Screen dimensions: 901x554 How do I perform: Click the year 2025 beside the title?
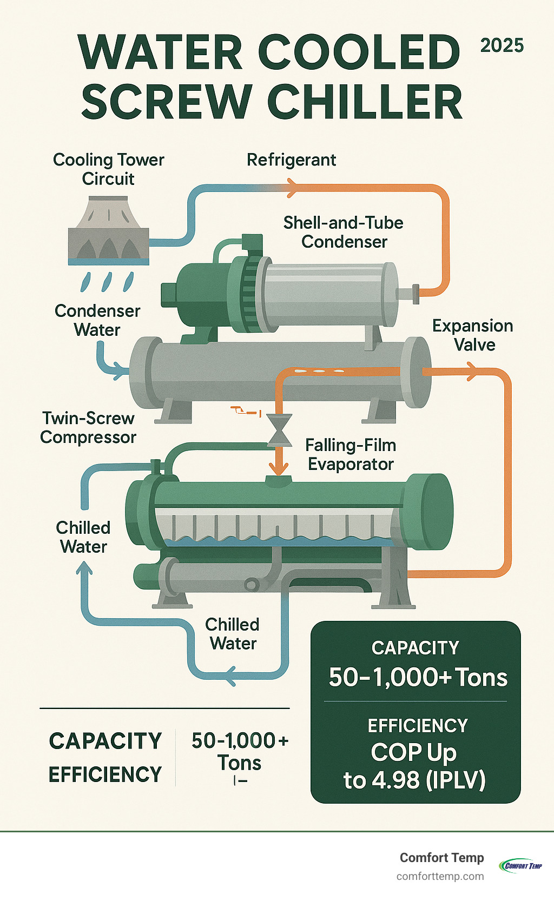pyautogui.click(x=502, y=45)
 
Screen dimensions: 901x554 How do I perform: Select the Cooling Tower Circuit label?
pyautogui.click(x=108, y=169)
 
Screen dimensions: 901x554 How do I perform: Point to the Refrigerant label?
pyautogui.click(x=291, y=160)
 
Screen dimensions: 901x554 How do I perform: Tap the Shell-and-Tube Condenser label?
pyautogui.click(x=344, y=232)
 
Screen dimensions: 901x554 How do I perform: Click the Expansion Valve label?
pyautogui.click(x=473, y=335)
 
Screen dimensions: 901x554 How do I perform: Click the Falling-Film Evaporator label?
pyautogui.click(x=351, y=454)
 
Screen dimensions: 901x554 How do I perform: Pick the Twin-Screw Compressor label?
pyautogui.click(x=88, y=427)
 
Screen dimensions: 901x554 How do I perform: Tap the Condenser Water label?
pyautogui.click(x=97, y=320)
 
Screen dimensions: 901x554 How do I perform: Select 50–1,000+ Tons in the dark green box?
pyautogui.click(x=418, y=677)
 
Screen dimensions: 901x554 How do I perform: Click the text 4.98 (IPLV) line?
pyautogui.click(x=414, y=780)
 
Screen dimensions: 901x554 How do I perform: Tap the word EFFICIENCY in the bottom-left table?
pyautogui.click(x=105, y=774)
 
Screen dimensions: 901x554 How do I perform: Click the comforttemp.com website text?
pyautogui.click(x=440, y=876)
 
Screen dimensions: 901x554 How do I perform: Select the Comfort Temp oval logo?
pyautogui.click(x=520, y=865)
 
